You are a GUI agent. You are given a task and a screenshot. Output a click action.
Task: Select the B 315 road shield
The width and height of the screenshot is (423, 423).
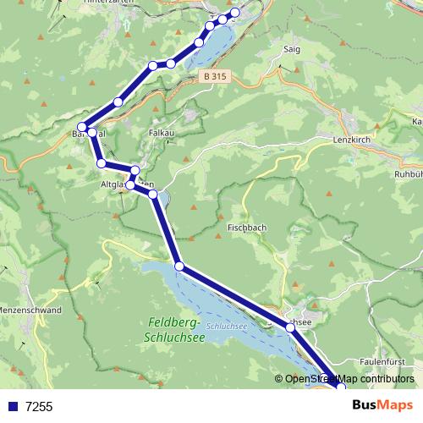[215, 76]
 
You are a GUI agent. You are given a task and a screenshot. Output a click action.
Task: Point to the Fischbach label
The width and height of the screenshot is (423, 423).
[247, 228]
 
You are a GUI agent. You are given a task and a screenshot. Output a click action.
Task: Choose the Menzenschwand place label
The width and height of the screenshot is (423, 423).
[30, 310]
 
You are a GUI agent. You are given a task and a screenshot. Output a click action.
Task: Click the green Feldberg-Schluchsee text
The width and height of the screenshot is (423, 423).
[176, 329]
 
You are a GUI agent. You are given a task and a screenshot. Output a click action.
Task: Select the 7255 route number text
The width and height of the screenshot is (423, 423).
[39, 406]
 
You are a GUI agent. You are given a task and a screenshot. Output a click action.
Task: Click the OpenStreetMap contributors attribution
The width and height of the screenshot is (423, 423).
[349, 380]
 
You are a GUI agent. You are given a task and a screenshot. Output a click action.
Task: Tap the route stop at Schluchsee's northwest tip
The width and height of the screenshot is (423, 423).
[179, 266]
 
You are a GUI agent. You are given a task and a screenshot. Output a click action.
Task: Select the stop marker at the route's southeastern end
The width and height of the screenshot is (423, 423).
[341, 387]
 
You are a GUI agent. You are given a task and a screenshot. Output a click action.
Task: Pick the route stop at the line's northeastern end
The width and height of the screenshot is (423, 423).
[235, 13]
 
